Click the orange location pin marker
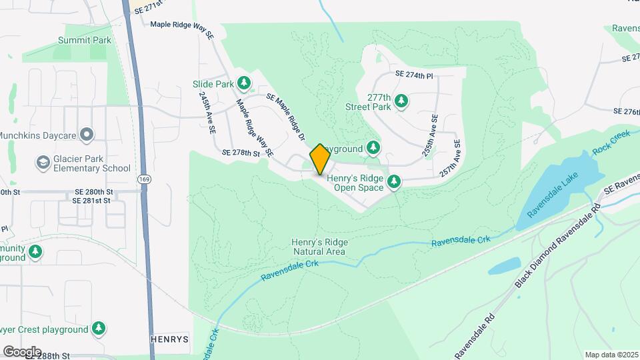[320, 159]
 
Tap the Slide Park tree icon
[245, 83]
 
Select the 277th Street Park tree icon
[401, 101]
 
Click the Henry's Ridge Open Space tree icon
[395, 180]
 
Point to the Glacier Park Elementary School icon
[43, 163]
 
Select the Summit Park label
[84, 40]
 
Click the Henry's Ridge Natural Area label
[319, 247]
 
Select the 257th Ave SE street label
[451, 157]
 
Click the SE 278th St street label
[241, 153]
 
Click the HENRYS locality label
[169, 339]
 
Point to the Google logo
[22, 351]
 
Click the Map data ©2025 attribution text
[611, 355]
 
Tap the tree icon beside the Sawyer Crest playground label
[99, 329]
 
